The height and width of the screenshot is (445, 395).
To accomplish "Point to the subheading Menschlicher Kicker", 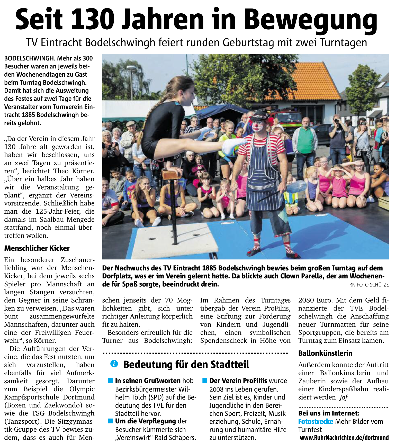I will pos(37,248).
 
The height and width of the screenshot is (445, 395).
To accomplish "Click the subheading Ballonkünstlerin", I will pos(325,353).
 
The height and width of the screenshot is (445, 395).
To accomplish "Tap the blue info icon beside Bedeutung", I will pos(114,364).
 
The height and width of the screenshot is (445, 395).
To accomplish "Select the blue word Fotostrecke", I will pos(316,422).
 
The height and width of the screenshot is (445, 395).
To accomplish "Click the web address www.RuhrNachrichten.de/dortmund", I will pos(344,438).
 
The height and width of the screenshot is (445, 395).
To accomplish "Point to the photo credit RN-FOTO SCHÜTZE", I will pos(369,285).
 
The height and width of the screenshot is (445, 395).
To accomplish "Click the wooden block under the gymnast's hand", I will pos(172,174).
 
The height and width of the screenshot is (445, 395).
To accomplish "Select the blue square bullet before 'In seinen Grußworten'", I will pos(111,380).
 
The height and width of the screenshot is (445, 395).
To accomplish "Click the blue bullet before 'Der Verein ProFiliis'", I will pos(205,380).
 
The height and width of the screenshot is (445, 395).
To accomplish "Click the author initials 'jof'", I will pos(344,397).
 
